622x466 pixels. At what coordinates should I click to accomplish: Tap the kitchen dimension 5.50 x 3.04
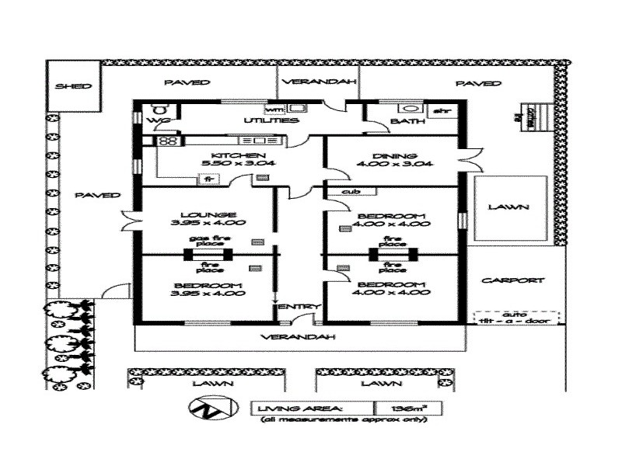coord(208,164)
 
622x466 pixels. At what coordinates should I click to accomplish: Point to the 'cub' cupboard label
coord(349,190)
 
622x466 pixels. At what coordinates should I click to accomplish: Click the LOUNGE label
coord(208,215)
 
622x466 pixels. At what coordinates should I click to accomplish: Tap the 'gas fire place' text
coord(207,242)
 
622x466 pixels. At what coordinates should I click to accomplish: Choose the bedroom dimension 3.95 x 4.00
coord(208,293)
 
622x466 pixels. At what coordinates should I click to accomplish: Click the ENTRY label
coord(294,307)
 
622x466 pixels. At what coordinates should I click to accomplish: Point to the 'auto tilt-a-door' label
coord(511,318)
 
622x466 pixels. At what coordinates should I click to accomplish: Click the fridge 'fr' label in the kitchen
coord(208,179)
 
